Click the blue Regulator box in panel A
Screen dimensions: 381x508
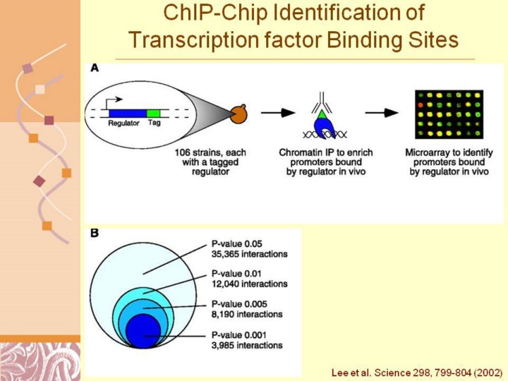pyautogui.click(x=126, y=113)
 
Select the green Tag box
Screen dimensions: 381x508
pyautogui.click(x=153, y=113)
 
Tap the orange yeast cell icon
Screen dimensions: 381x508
pyautogui.click(x=236, y=113)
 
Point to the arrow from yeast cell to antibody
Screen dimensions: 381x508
pyautogui.click(x=277, y=112)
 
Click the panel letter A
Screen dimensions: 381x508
pyautogui.click(x=95, y=68)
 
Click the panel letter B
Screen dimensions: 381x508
pyautogui.click(x=94, y=234)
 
